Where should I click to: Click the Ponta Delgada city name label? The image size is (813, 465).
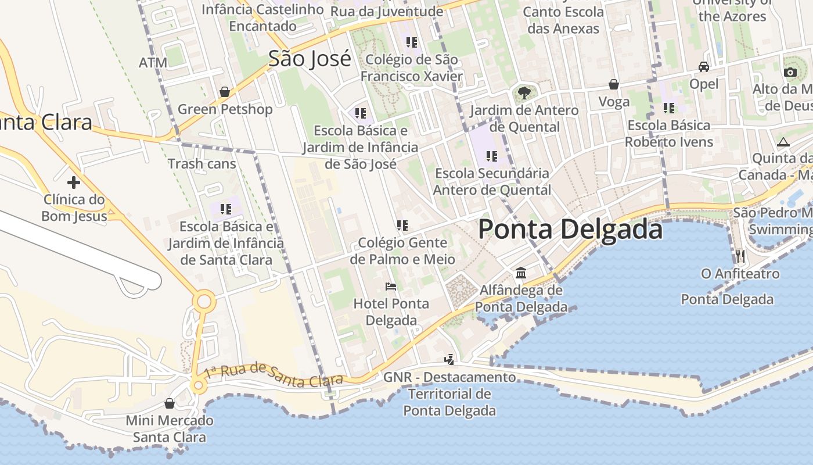(x=570, y=230)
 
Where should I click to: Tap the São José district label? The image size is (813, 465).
(x=310, y=59)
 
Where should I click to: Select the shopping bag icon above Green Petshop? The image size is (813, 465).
(x=225, y=92)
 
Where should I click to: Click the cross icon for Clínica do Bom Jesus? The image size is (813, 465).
(x=74, y=183)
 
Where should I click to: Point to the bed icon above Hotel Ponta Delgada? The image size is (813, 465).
(x=391, y=287)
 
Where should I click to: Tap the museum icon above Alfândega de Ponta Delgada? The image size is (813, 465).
(x=521, y=273)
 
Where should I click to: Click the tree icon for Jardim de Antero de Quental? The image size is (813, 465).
(x=524, y=92)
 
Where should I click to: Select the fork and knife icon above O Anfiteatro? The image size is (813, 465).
(x=740, y=256)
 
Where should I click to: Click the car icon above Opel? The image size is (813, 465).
(x=704, y=67)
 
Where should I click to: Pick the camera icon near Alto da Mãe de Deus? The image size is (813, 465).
(x=790, y=72)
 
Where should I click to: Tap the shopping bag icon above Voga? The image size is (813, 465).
(x=614, y=85)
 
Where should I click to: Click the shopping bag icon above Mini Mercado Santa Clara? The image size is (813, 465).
(x=170, y=403)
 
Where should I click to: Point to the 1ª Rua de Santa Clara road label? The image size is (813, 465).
(x=274, y=375)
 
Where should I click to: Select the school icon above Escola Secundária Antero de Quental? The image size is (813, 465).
(x=492, y=156)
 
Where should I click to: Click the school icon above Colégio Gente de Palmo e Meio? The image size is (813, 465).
(x=402, y=225)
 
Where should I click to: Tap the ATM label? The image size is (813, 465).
(x=153, y=62)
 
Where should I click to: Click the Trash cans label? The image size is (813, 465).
(x=202, y=164)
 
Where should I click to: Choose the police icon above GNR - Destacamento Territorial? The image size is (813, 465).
(x=449, y=359)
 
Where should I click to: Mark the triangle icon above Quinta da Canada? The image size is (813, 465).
(x=783, y=142)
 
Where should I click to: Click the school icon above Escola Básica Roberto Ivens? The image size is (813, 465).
(x=669, y=108)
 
